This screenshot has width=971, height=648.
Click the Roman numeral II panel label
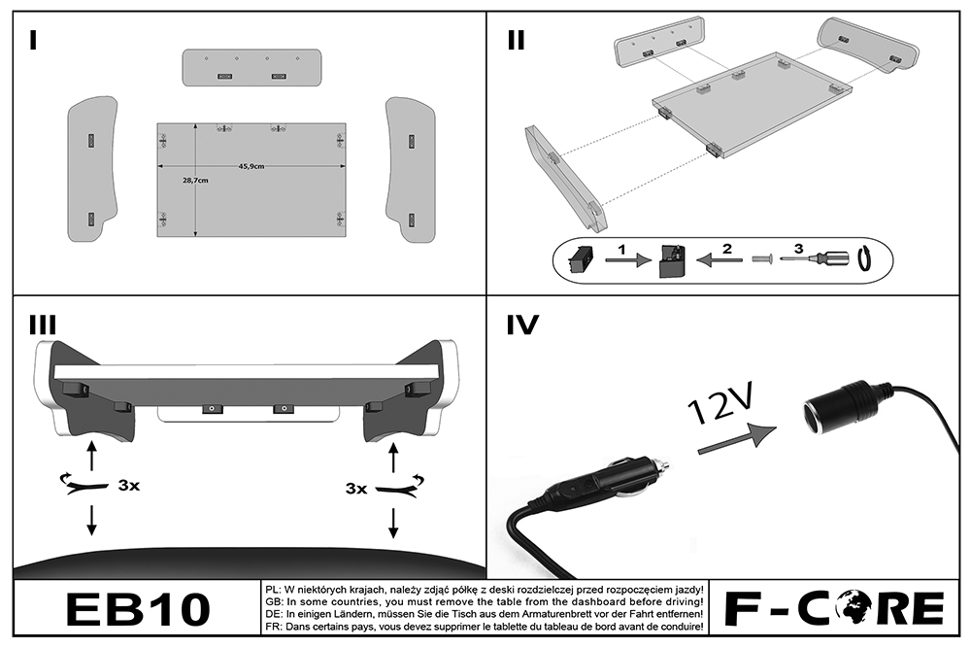tap(516, 40)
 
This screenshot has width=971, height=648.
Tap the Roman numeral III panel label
tap(44, 324)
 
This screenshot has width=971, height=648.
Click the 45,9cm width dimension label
tap(251, 166)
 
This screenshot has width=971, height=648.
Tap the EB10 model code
tap(137, 609)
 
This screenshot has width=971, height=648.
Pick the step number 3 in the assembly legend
tap(798, 249)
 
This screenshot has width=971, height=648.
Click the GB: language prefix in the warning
tap(275, 602)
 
